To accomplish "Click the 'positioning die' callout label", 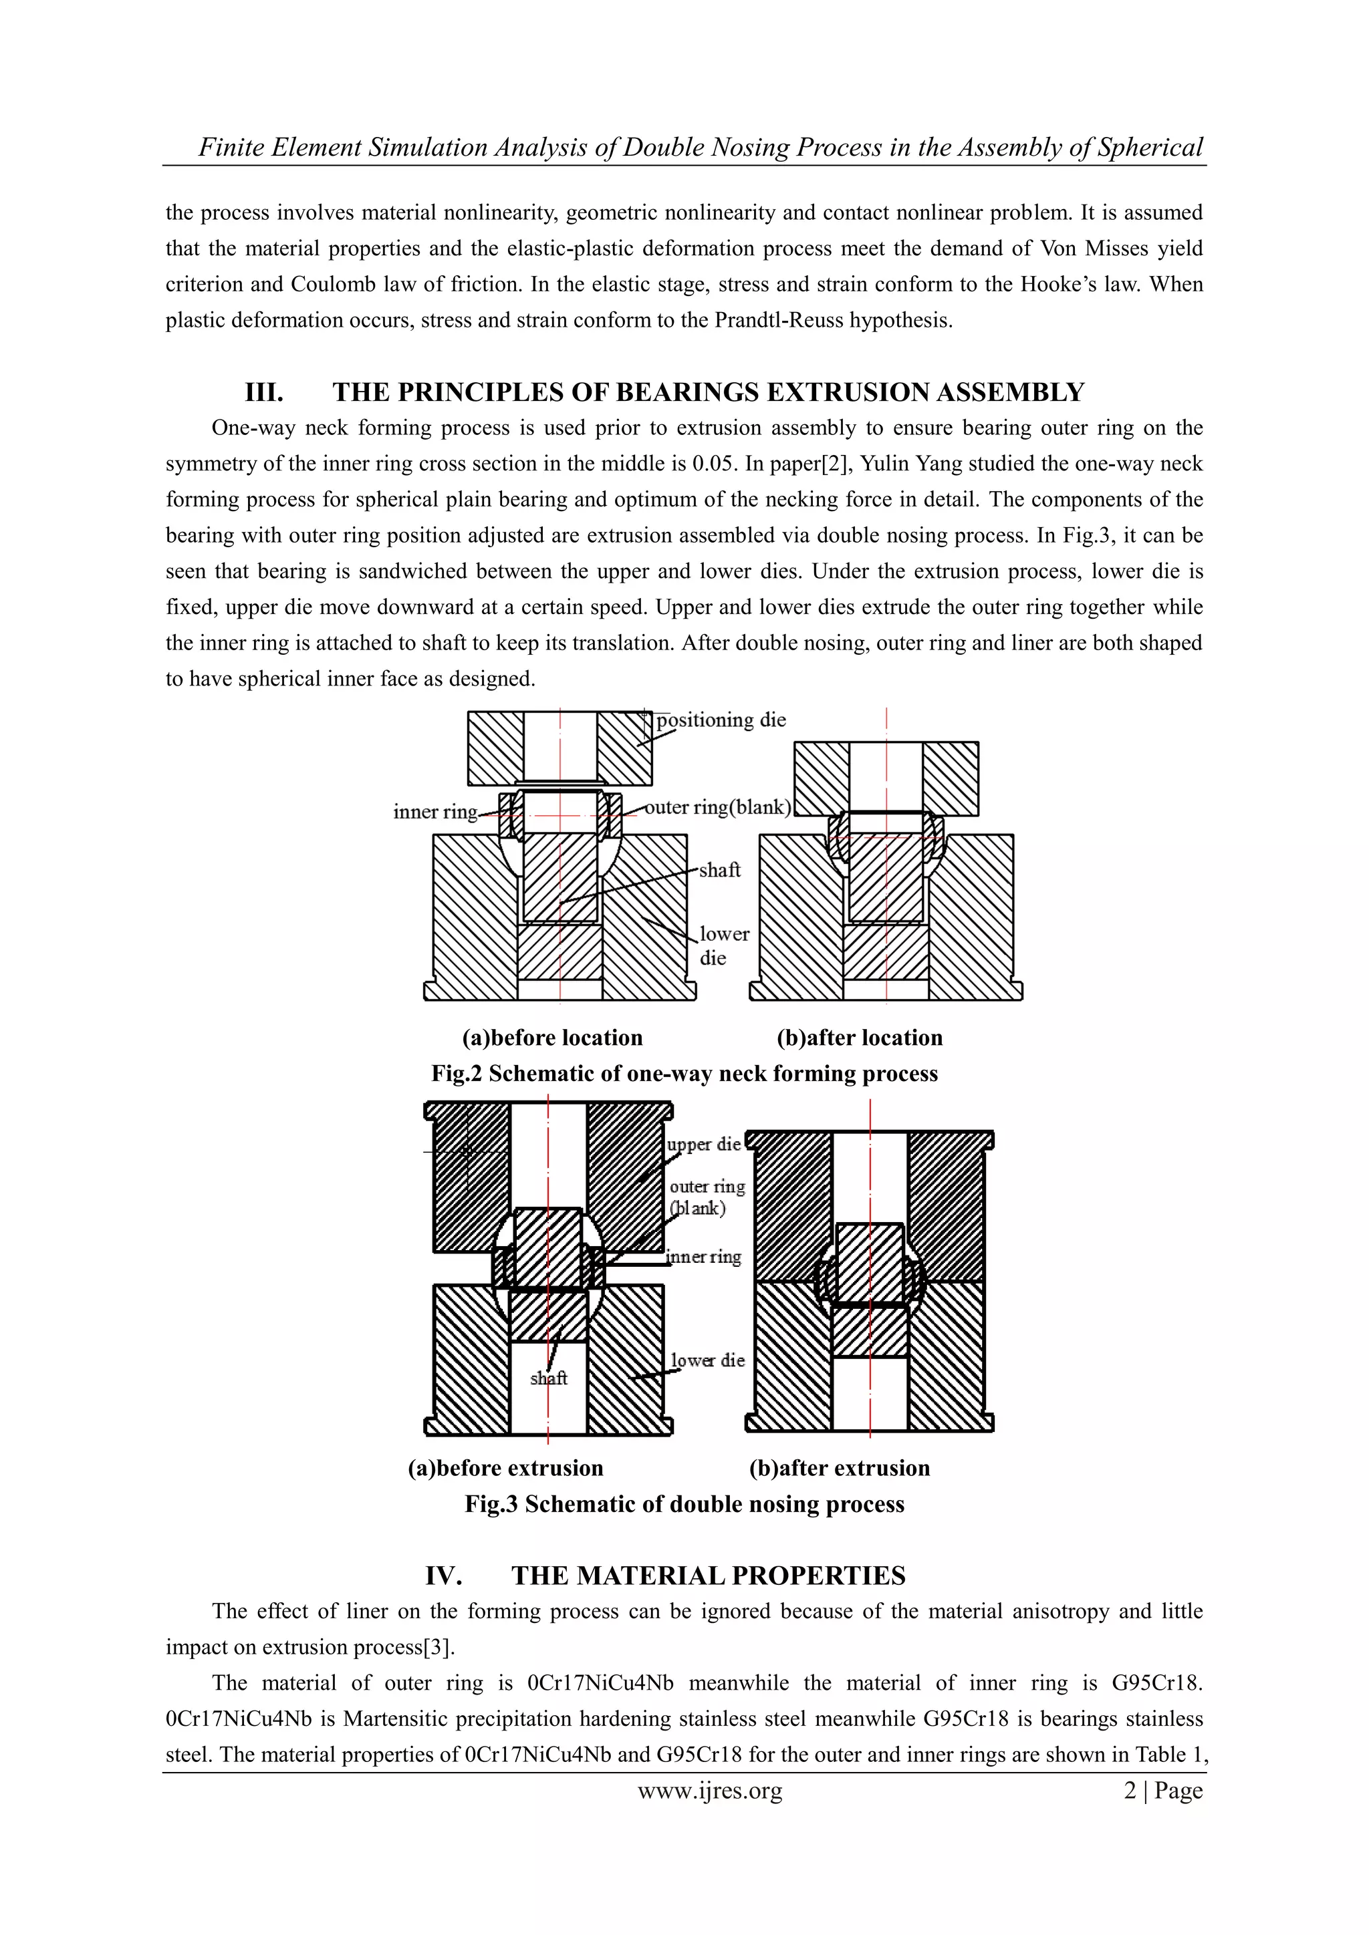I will [721, 720].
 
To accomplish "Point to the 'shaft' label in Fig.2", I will [719, 871].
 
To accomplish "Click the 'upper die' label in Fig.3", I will [704, 1145].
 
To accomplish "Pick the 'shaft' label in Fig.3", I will [549, 1378].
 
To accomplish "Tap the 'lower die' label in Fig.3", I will [707, 1360].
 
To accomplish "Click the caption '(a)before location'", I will [552, 1038].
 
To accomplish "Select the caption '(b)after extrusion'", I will [840, 1468].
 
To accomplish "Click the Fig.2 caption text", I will [684, 1074].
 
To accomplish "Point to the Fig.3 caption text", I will [684, 1504].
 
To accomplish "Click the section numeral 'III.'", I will [264, 393].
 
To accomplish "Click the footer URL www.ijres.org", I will [710, 1791].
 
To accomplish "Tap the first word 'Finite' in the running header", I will [225, 148].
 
